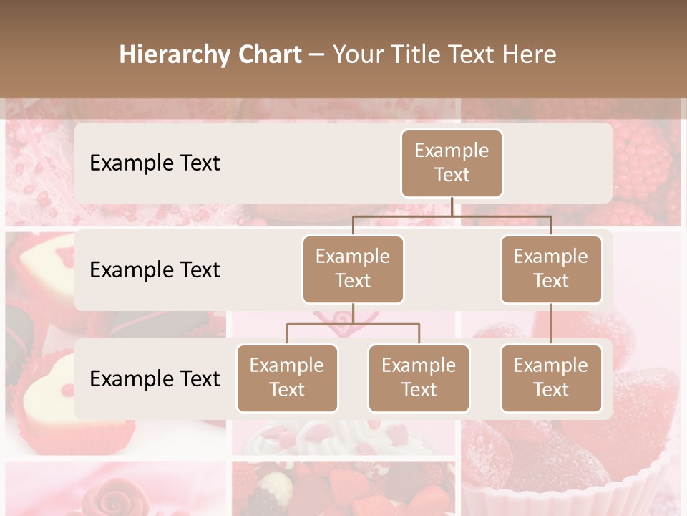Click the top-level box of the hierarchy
452,163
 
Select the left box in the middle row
353,269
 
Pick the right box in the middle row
551,269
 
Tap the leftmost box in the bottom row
287,378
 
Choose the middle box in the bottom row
419,378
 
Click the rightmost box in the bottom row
551,378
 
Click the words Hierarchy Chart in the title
210,54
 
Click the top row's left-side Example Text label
155,163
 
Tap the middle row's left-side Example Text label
155,270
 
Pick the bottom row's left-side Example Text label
155,379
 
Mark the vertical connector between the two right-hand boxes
551,324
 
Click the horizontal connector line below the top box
452,216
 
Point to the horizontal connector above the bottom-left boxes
353,324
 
